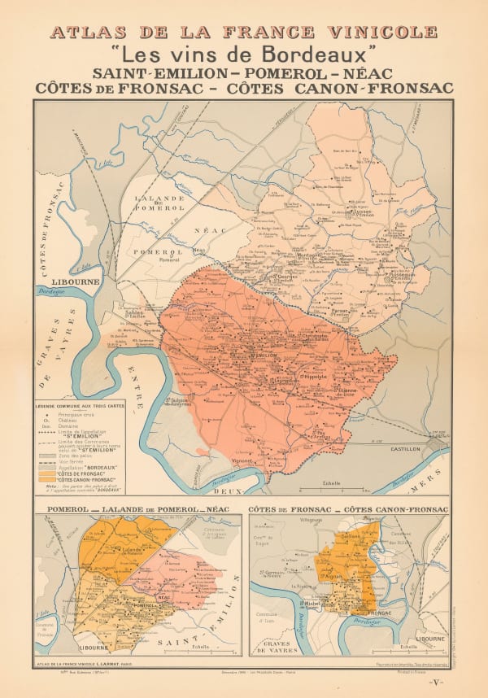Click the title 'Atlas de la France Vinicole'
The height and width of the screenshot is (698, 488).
point(243,33)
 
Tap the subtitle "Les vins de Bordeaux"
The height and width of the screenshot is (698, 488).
point(243,56)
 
